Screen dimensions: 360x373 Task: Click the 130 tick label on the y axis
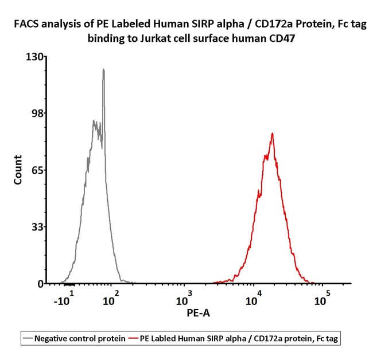[34, 57]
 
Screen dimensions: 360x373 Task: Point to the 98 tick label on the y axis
[36, 113]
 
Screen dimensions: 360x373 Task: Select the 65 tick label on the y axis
[36, 170]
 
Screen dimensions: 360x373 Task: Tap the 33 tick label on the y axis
[36, 227]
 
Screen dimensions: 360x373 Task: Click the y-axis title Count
[18, 170]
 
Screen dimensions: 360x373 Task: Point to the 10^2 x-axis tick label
[110, 299]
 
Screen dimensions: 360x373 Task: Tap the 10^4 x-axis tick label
[252, 299]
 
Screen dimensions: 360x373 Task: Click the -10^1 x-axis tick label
[64, 299]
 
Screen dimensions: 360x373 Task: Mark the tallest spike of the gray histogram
[103, 69]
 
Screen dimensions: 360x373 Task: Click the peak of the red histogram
[272, 134]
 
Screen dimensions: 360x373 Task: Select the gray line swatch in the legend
[27, 339]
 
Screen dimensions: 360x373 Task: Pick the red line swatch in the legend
[135, 339]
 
